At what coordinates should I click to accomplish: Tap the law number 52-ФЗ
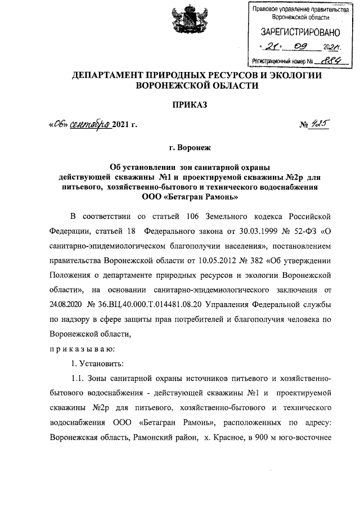[x=304, y=231]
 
